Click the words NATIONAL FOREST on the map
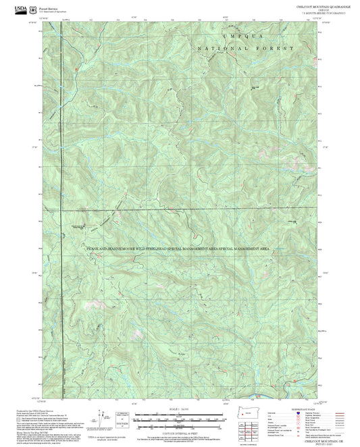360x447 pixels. coord(246,49)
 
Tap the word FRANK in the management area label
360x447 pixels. coord(90,249)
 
